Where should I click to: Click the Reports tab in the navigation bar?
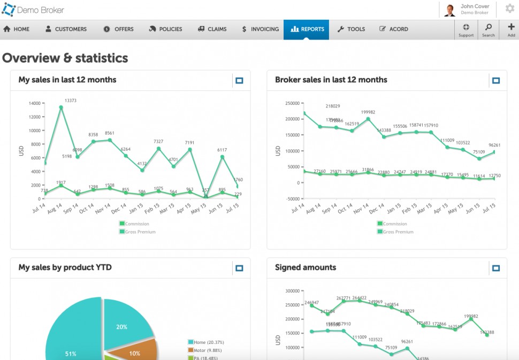[307, 29]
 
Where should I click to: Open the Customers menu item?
[66, 29]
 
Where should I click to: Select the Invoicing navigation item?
[260, 29]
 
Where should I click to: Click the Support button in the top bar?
[466, 30]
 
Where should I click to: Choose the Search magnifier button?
[488, 30]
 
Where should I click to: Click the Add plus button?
[511, 30]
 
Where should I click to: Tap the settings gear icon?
[510, 9]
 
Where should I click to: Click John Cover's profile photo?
[449, 10]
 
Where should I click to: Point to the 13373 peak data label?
[70, 101]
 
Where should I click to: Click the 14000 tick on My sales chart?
[35, 103]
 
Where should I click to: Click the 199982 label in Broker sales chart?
[368, 112]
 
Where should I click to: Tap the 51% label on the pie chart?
[71, 354]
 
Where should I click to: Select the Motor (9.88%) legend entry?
[207, 350]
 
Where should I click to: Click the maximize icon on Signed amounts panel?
[496, 268]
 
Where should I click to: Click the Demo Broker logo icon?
[9, 9]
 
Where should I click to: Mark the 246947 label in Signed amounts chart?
[311, 303]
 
